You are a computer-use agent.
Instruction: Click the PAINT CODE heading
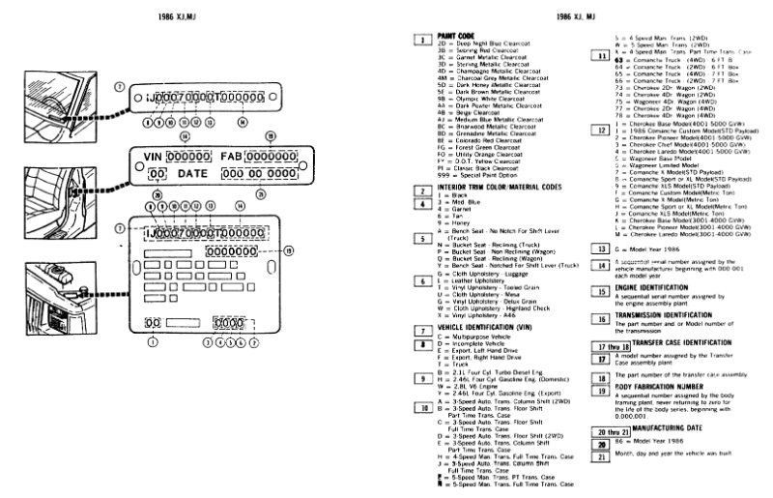point(457,35)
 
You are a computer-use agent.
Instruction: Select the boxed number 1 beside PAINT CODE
point(421,40)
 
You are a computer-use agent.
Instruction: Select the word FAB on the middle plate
point(233,158)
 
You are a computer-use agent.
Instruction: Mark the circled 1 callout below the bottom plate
point(152,342)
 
